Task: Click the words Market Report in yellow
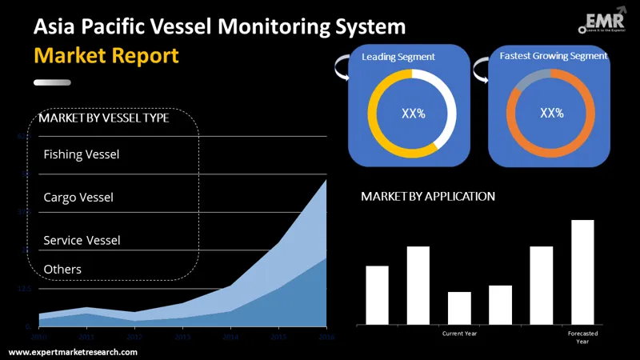[106, 57]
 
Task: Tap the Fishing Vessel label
[81, 154]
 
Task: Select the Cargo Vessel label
[78, 197]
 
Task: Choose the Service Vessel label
[82, 240]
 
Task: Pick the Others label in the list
[62, 269]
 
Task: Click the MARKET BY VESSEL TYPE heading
[104, 118]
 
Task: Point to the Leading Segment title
[398, 57]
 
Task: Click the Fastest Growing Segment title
[554, 56]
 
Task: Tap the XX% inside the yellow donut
[413, 113]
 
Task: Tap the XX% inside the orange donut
[552, 113]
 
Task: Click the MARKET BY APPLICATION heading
[428, 196]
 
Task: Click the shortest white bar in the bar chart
[459, 308]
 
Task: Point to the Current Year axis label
[460, 333]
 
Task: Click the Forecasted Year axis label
[582, 337]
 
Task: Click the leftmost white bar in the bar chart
[377, 294]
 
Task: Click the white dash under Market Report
[58, 82]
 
